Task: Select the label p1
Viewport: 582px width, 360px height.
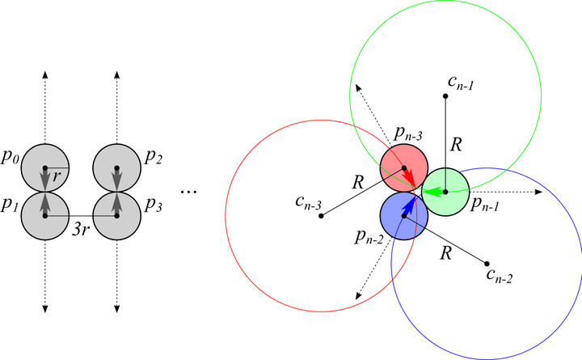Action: (11, 205)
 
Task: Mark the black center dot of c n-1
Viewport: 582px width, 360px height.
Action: (445, 96)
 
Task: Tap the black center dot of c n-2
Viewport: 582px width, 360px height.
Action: (487, 263)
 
